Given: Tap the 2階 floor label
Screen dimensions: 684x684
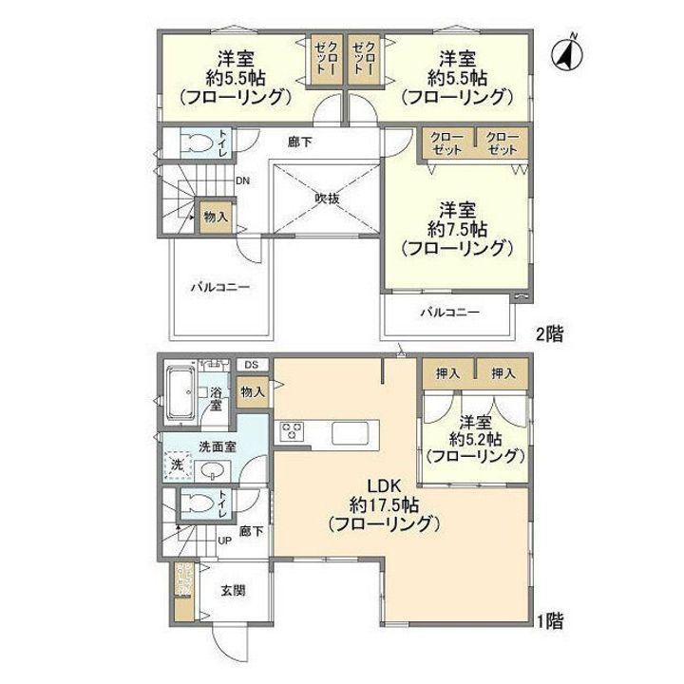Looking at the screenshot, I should point(550,333).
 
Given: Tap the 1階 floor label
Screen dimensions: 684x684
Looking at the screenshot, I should point(550,622).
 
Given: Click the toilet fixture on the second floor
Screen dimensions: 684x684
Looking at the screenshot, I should point(197,143).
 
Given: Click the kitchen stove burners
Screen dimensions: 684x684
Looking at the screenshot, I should point(290,432).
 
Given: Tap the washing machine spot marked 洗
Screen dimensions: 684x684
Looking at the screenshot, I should point(176,465).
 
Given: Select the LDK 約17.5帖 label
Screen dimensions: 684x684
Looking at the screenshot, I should point(382,504).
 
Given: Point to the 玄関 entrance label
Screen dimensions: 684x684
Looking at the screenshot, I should point(233,590).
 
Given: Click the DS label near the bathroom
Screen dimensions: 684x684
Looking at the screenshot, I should point(252,365).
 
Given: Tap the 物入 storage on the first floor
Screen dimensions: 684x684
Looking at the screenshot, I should point(252,391).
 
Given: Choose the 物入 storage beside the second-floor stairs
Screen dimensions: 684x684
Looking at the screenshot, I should point(216,217).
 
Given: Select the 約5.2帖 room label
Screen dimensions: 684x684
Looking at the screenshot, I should point(475,439).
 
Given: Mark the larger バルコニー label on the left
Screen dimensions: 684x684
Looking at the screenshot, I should point(218,285).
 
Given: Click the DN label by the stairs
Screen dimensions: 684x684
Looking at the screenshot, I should point(243,181).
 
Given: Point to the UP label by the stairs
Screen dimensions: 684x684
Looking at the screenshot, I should point(225,541).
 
